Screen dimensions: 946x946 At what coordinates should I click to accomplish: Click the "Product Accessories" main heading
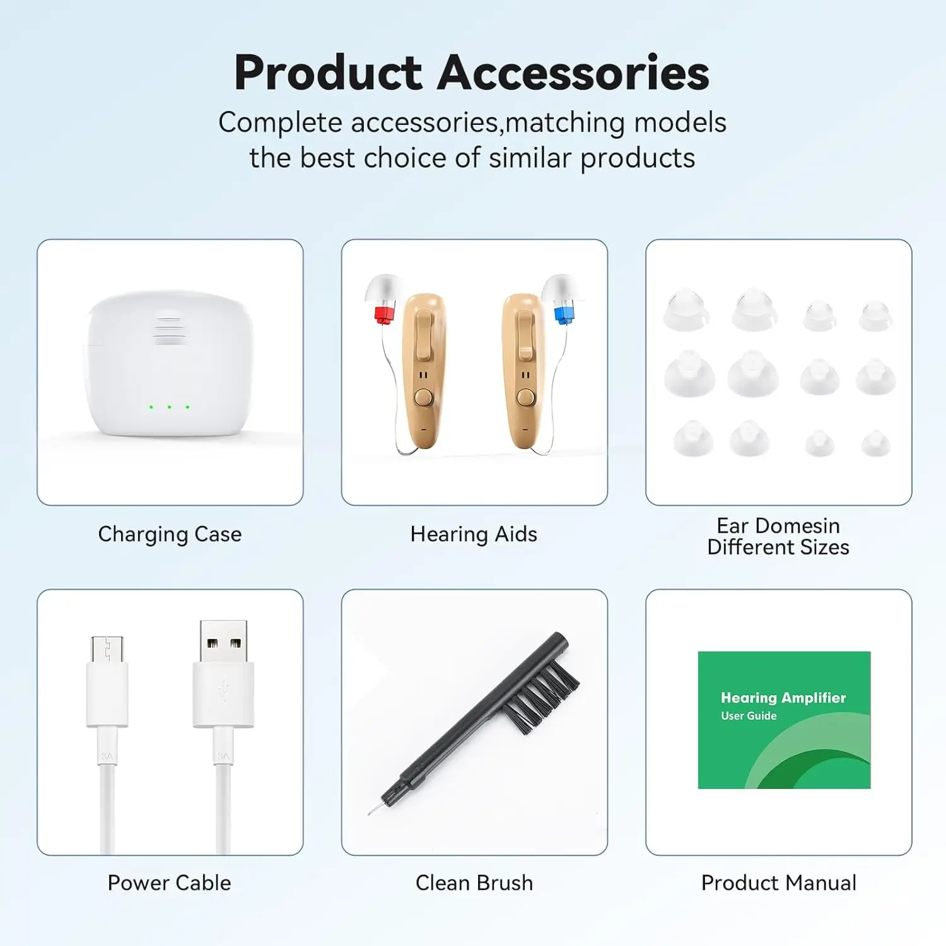[472, 73]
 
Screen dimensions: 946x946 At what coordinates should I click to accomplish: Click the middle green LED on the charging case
[169, 407]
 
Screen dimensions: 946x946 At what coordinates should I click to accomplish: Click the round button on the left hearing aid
[423, 397]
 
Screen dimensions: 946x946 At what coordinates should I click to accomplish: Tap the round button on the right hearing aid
[525, 397]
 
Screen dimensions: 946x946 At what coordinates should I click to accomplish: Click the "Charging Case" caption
[170, 534]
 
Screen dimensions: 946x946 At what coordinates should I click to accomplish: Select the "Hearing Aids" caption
[474, 534]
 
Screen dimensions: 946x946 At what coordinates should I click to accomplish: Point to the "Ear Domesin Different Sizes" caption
[778, 536]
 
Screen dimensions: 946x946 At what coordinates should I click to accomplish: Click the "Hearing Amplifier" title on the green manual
[783, 698]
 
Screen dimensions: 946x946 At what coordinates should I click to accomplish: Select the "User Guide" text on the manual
[749, 716]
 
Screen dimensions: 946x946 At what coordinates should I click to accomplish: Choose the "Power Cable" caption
[169, 883]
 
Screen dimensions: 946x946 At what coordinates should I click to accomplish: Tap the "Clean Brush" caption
[474, 883]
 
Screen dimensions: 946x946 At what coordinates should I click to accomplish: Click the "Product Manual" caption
[779, 883]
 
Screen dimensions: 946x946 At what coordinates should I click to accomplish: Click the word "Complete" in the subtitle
[280, 123]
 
